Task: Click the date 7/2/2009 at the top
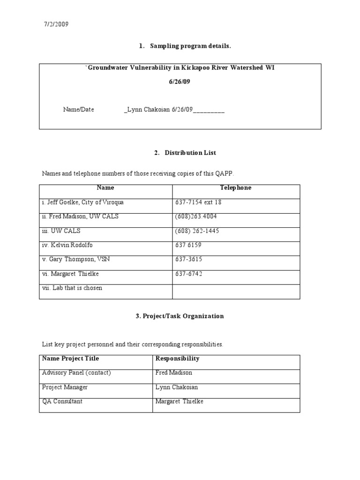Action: [x=56, y=25]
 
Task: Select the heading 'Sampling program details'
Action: [x=190, y=46]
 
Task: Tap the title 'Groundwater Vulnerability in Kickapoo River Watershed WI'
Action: [x=180, y=67]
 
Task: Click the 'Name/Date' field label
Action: [x=79, y=109]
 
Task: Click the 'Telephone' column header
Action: [x=236, y=187]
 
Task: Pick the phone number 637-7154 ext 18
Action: [x=198, y=202]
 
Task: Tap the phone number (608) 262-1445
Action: [x=197, y=231]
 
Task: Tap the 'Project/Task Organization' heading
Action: [x=180, y=316]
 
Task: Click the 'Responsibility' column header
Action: [x=177, y=359]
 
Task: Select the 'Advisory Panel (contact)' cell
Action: [x=76, y=373]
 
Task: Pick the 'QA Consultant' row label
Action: [x=63, y=402]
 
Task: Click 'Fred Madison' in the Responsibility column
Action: [x=173, y=373]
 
